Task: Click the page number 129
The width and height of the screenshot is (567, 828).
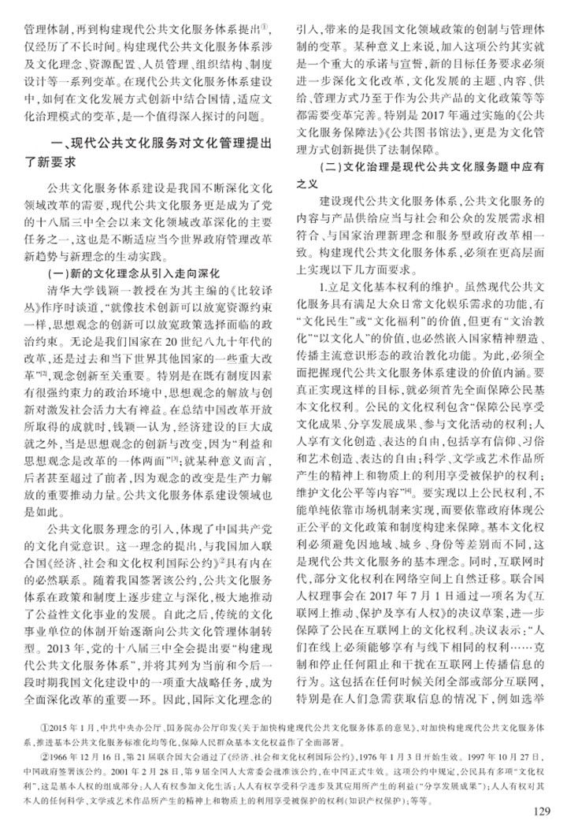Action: click(544, 811)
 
